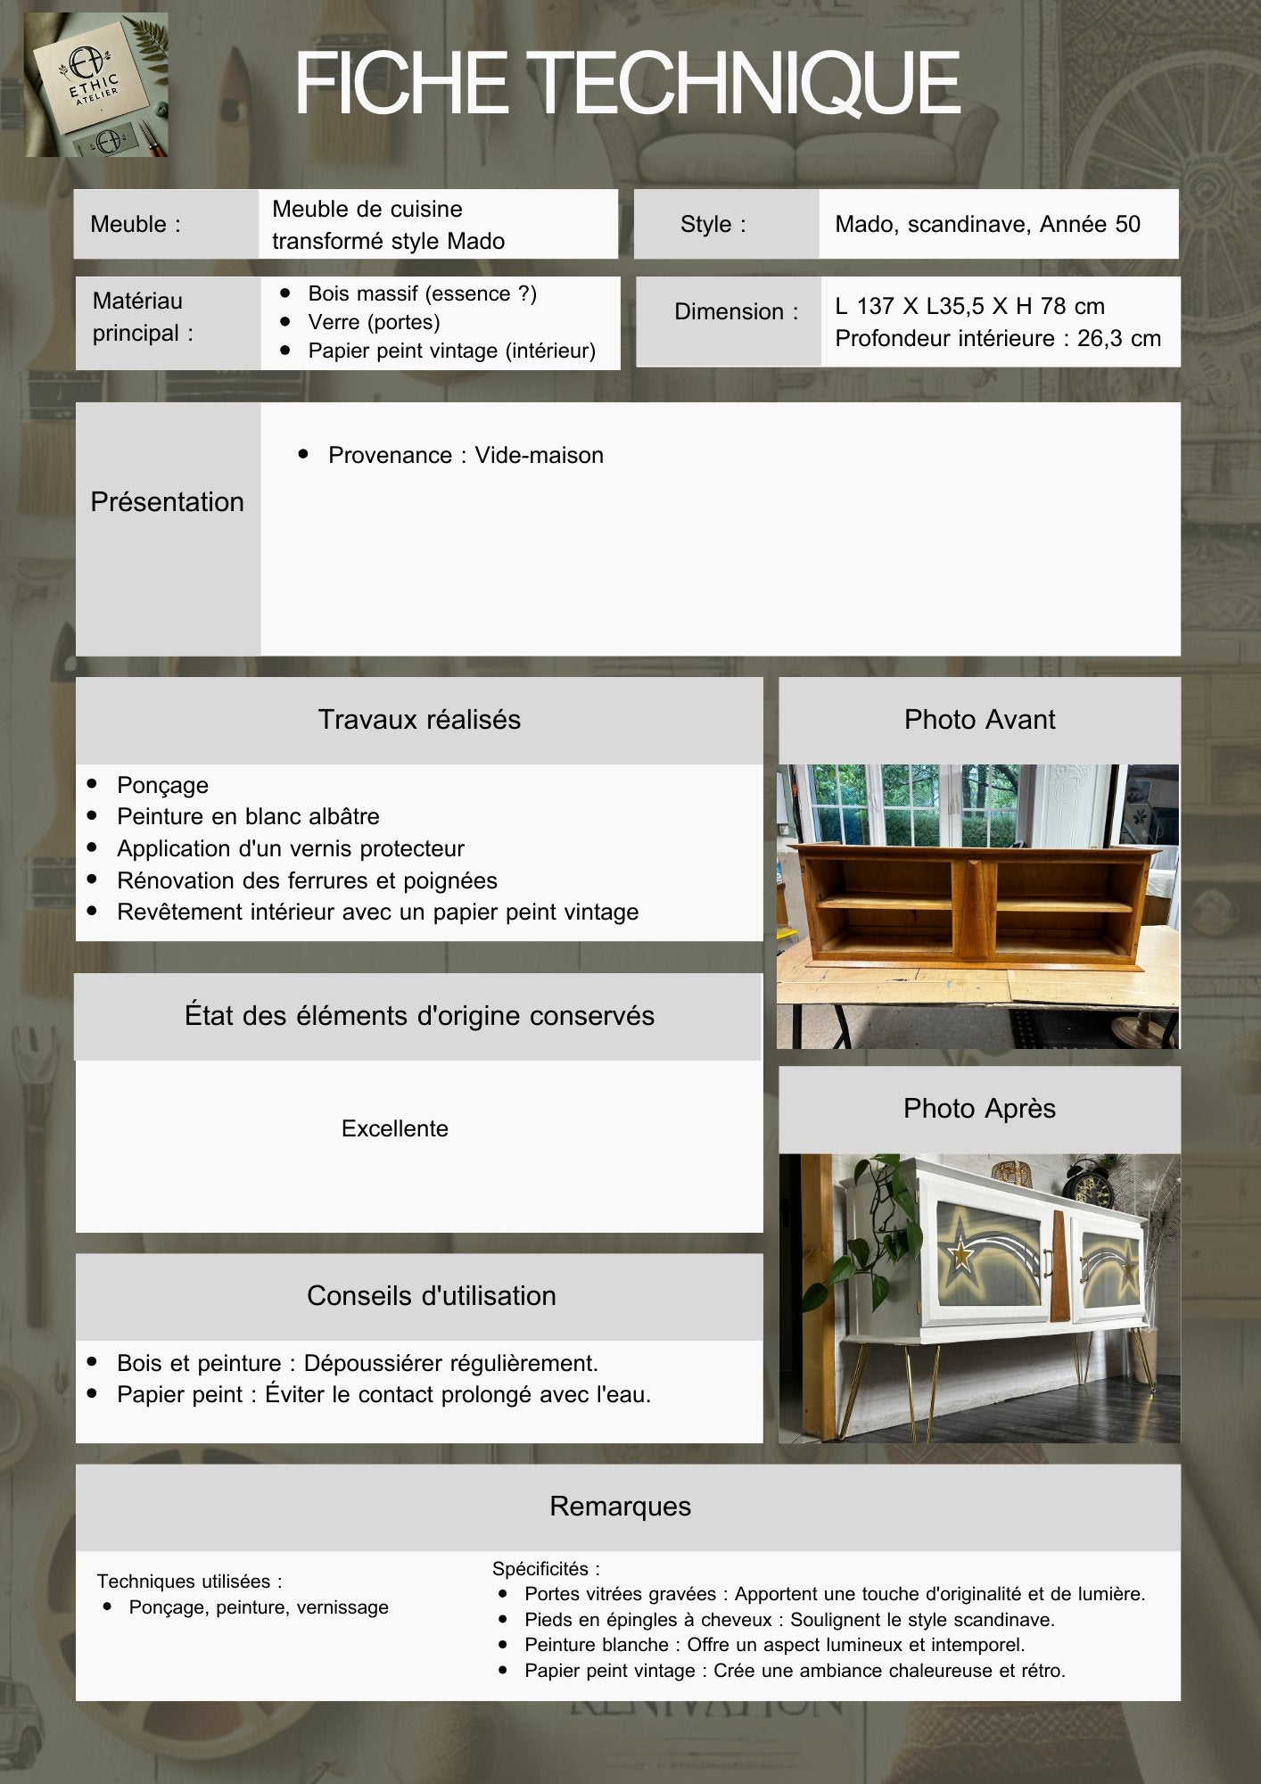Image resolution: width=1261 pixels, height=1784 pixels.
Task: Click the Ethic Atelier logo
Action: click(x=96, y=85)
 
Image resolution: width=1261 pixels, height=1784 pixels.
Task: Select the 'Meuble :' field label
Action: click(x=136, y=224)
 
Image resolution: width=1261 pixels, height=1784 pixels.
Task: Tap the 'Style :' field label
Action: click(x=713, y=224)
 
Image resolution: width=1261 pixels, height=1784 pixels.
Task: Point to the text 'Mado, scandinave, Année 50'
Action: click(x=987, y=224)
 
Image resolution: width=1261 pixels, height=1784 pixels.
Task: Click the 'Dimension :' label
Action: click(x=736, y=311)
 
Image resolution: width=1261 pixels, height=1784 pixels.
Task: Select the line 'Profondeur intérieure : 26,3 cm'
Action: click(x=997, y=338)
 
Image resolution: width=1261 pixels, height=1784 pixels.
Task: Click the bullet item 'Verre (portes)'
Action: click(x=374, y=322)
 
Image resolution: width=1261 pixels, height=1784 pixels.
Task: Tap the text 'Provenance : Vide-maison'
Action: click(x=466, y=455)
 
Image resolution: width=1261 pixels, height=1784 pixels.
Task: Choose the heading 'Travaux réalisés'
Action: click(x=419, y=719)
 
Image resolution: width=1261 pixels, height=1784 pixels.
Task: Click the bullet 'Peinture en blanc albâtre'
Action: click(x=248, y=816)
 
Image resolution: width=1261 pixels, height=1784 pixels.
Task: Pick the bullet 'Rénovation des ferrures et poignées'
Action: click(x=307, y=880)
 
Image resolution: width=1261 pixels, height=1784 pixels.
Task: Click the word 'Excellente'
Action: click(x=394, y=1128)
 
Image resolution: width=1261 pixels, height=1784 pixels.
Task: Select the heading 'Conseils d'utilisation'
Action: click(x=431, y=1295)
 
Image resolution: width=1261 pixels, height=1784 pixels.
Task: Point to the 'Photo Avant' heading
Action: click(x=979, y=719)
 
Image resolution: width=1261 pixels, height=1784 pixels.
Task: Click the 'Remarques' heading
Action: click(x=620, y=1506)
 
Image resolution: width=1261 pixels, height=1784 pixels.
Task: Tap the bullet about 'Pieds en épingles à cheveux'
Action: click(x=789, y=1619)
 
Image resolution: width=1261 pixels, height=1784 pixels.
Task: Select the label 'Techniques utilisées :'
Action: click(x=189, y=1582)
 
